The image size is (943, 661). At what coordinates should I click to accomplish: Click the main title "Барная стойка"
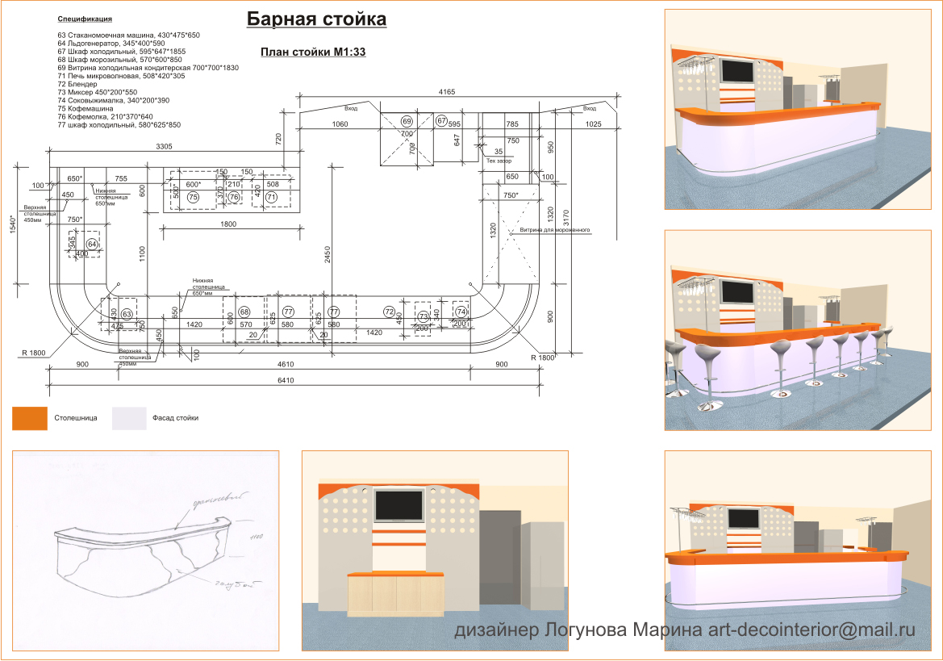[316, 19]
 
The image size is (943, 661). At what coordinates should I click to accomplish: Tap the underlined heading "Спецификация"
[85, 18]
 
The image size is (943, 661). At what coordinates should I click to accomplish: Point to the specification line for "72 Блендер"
[77, 84]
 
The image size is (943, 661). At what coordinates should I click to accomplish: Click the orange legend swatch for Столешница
[30, 418]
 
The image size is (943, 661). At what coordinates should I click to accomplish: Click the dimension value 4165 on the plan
[447, 92]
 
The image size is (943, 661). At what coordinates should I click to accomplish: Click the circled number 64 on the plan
[92, 244]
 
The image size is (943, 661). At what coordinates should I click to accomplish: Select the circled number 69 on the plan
[407, 121]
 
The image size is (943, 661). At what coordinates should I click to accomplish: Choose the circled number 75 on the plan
[193, 197]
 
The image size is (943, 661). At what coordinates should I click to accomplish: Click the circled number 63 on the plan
[127, 313]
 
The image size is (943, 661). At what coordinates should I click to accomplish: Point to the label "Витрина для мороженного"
[555, 230]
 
